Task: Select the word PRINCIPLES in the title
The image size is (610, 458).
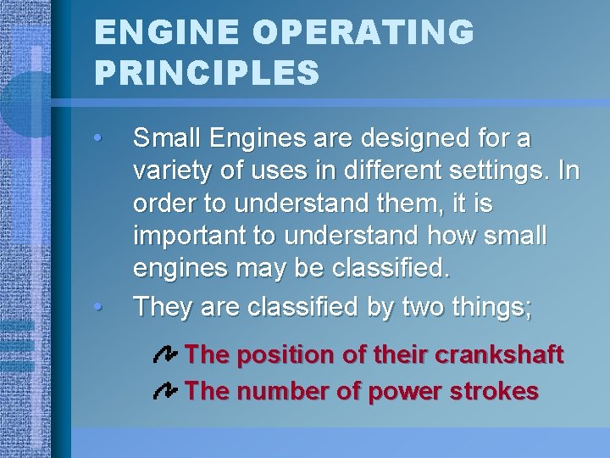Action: [x=207, y=72]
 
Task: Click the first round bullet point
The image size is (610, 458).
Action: [x=99, y=137]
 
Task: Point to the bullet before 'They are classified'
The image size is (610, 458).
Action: [x=99, y=306]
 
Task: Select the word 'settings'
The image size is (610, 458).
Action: [x=502, y=170]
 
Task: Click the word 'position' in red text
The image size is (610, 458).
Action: [x=283, y=354]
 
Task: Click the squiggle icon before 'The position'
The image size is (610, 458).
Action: [x=165, y=355]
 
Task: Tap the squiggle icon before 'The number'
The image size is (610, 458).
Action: [x=165, y=391]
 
